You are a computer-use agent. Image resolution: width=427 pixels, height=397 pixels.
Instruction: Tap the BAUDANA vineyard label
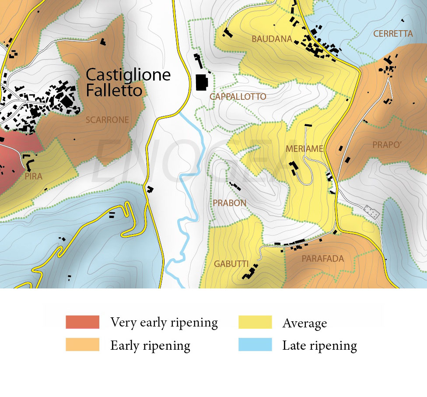click(x=272, y=39)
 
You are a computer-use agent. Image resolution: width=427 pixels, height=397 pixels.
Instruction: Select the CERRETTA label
click(x=393, y=34)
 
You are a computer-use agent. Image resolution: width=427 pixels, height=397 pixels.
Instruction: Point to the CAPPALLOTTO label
click(x=238, y=97)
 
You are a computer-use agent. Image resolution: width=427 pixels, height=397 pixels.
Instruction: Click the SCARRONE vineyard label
click(x=107, y=120)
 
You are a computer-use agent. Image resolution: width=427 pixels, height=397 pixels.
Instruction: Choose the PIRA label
click(x=34, y=176)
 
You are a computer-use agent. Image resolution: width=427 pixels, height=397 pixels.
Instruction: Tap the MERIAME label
click(x=304, y=149)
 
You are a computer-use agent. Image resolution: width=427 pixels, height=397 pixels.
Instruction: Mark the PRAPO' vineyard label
click(x=387, y=145)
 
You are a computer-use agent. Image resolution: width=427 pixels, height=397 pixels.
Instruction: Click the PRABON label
click(x=230, y=203)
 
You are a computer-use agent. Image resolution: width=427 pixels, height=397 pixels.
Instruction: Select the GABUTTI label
click(x=231, y=264)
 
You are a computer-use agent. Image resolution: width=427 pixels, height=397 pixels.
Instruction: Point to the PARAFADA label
click(x=323, y=259)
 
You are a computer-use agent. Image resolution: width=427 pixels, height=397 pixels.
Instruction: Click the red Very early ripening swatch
click(x=82, y=322)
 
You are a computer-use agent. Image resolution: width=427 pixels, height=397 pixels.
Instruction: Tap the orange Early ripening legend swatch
click(x=82, y=344)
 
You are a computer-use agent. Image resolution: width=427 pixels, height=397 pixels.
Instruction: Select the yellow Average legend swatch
click(x=255, y=322)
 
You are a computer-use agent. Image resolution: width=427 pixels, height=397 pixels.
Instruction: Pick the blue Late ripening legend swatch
click(x=255, y=344)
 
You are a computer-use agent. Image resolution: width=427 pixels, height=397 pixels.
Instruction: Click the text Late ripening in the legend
click(x=319, y=345)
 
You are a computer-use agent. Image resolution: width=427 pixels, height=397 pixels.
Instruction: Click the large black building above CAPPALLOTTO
click(x=202, y=82)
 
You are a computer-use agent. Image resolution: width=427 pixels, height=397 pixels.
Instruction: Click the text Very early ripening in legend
click(x=164, y=323)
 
